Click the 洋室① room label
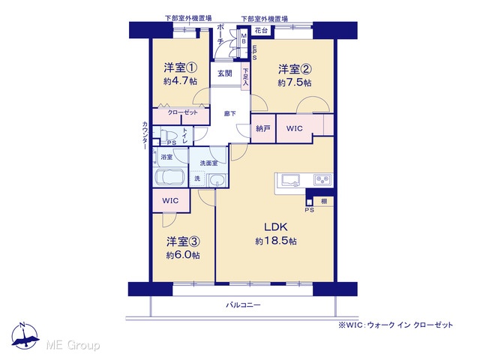pyautogui.click(x=180, y=67)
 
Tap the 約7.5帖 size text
pyautogui.click(x=295, y=82)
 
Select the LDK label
pyautogui.click(x=276, y=227)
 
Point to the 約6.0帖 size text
pyautogui.click(x=183, y=255)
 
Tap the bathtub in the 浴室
pyautogui.click(x=170, y=177)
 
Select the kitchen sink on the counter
pyautogui.click(x=291, y=180)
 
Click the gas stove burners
pyautogui.click(x=322, y=180)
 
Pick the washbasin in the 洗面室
pyautogui.click(x=217, y=180)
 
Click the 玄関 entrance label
pyautogui.click(x=225, y=73)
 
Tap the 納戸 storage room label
pyautogui.click(x=263, y=128)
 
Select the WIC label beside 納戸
pyautogui.click(x=294, y=128)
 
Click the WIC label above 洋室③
pyautogui.click(x=170, y=201)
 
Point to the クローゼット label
pyautogui.click(x=182, y=112)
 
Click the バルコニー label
pyautogui.click(x=243, y=305)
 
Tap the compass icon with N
pyautogui.click(x=25, y=336)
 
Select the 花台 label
pyautogui.click(x=261, y=31)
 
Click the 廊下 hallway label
pyautogui.click(x=230, y=113)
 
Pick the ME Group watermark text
pyautogui.click(x=73, y=345)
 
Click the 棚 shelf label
pyautogui.click(x=324, y=201)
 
